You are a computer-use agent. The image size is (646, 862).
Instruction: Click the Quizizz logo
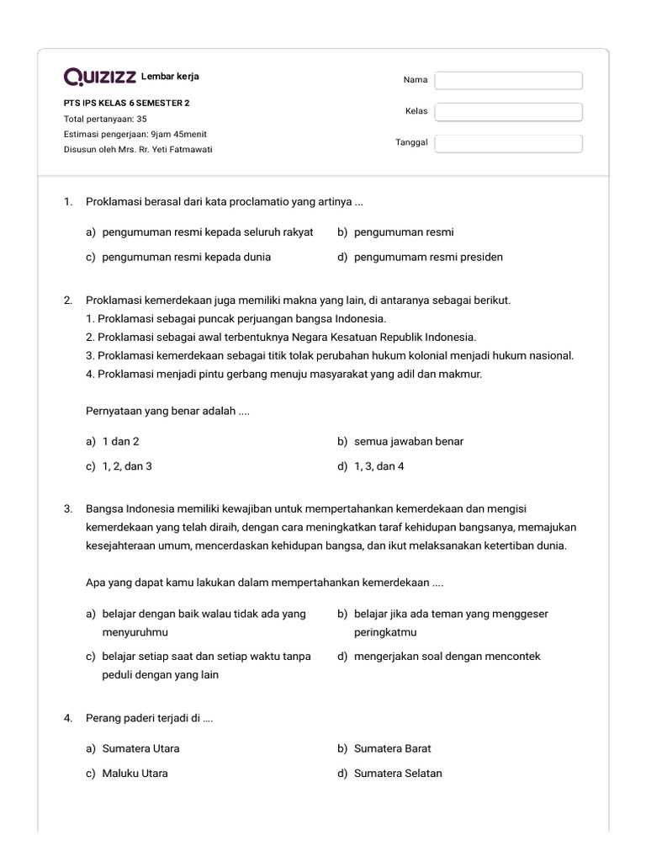[100, 77]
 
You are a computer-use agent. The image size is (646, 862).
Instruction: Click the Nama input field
[508, 80]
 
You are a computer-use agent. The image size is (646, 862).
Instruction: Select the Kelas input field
[508, 112]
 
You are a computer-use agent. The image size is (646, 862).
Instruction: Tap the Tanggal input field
[508, 143]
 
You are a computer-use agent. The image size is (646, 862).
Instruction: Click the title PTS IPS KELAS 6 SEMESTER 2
[127, 104]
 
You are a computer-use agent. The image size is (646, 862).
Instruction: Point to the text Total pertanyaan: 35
[105, 119]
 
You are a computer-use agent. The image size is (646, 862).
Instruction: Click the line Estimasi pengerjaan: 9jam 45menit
[135, 134]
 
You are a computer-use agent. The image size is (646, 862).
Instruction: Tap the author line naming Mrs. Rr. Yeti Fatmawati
[138, 149]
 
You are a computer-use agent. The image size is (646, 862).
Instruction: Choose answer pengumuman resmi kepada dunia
[186, 257]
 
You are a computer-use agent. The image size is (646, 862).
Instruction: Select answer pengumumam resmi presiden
[428, 257]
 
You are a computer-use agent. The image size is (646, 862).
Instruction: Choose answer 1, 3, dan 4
[379, 466]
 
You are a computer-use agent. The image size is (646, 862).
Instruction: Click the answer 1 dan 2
[120, 441]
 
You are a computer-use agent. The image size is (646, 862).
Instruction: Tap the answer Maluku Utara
[135, 774]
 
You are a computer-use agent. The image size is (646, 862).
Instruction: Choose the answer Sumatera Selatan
[397, 774]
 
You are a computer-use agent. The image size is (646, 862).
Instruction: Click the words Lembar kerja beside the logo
[171, 77]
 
